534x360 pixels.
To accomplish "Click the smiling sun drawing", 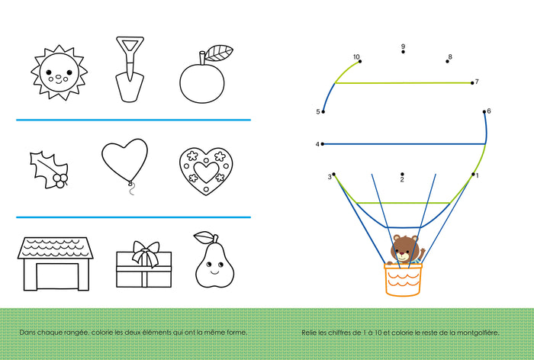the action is tap(59, 72).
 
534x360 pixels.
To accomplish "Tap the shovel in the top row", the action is tap(130, 69).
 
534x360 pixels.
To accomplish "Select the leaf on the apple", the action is tap(219, 53).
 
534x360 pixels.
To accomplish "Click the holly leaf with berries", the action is tap(50, 169).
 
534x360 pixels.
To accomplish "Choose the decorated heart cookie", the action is tap(206, 171).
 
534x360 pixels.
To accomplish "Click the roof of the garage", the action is tap(55, 248).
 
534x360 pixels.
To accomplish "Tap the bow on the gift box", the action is tap(146, 253).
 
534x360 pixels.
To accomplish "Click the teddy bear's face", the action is tap(404, 249).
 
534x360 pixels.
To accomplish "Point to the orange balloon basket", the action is tap(403, 280).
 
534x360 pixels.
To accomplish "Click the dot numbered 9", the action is tap(404, 52).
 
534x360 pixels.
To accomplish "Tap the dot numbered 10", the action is tap(360, 61).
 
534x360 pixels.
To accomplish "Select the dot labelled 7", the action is tap(472, 83).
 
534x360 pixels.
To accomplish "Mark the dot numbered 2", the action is tap(402, 174).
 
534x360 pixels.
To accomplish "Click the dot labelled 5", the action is tap(323, 111).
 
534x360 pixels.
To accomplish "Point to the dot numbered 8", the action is tap(447, 61).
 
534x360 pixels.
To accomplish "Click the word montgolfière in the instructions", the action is tap(478, 333).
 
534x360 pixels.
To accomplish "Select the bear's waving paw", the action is tap(423, 252).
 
